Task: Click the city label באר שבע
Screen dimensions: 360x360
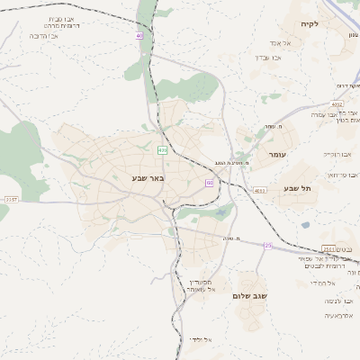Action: (147, 177)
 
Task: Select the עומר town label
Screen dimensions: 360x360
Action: (276, 154)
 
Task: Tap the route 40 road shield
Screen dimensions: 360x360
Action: (139, 35)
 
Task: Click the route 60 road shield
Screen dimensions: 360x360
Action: (209, 183)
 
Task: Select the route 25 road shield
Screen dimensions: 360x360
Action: (267, 245)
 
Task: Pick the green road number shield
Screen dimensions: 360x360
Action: (162, 149)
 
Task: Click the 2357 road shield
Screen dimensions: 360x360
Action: (11, 199)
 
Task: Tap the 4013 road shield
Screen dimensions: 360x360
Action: (260, 191)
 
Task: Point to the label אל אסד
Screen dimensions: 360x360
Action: (277, 42)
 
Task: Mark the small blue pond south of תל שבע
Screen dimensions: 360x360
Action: (306, 225)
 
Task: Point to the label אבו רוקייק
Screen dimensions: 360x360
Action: (334, 154)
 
